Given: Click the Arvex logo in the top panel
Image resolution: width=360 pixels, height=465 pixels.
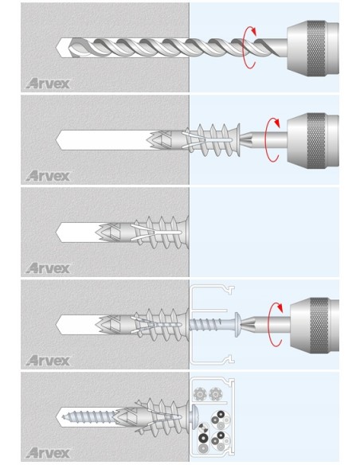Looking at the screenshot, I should pyautogui.click(x=48, y=83).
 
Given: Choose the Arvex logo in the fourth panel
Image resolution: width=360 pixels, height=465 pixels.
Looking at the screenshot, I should pyautogui.click(x=48, y=360).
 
